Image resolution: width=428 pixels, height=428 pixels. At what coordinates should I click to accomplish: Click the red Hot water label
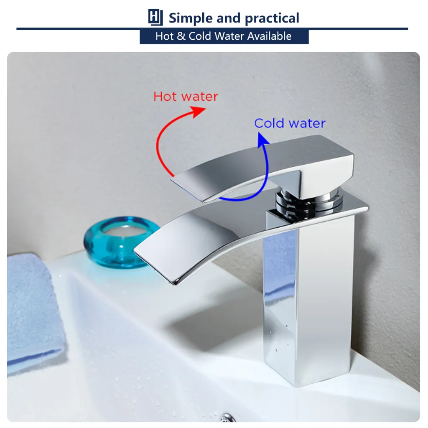point(186,97)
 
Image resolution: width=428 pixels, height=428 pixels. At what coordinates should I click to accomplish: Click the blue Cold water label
point(289,123)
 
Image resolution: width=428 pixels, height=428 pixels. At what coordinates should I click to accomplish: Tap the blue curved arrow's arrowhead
point(262,139)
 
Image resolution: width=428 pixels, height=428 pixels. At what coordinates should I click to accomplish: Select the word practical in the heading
point(272,18)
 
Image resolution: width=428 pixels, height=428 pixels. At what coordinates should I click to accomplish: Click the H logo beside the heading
point(155,18)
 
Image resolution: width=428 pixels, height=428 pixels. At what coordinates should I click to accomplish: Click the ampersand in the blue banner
point(181,36)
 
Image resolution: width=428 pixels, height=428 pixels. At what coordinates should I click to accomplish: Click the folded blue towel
point(33,309)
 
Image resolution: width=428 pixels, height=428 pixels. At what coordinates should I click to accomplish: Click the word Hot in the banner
point(164,36)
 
